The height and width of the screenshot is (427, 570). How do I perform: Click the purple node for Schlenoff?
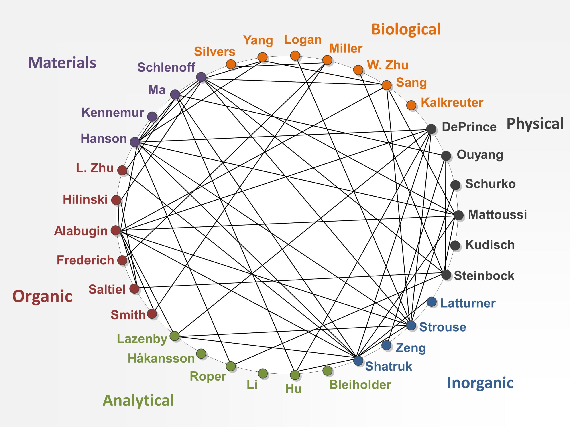point(201,77)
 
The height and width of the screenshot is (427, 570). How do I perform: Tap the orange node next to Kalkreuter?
point(411,105)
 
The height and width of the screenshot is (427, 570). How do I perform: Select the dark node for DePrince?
point(431,129)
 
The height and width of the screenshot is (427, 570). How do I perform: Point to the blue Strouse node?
point(411,325)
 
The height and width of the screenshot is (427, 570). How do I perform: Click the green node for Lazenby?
point(175,336)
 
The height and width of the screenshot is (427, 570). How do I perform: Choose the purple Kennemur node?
point(152,116)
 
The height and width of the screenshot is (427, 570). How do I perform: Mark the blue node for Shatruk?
point(358,360)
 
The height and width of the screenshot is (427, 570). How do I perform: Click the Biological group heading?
point(406,29)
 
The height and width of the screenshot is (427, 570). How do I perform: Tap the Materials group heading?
point(62,63)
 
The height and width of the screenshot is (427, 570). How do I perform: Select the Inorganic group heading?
point(480,383)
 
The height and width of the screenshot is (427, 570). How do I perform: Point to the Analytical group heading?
point(138,401)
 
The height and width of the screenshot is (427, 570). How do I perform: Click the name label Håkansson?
point(161,358)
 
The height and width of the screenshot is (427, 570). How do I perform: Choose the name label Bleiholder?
point(360,385)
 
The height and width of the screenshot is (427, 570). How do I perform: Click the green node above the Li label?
point(263,373)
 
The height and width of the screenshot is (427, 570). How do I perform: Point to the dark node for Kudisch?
point(455,245)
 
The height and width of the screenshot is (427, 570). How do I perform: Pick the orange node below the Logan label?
point(295,55)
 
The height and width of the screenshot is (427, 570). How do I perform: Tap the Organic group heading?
point(42,296)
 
